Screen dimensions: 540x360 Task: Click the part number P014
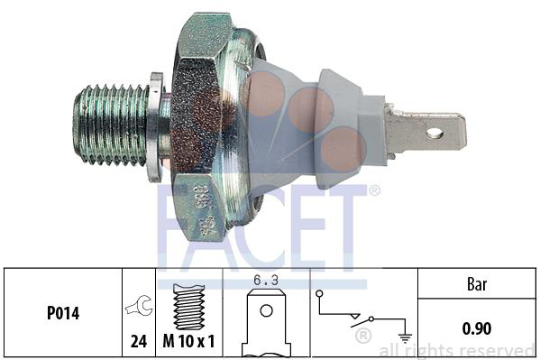tap(63, 313)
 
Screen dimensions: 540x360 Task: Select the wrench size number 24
tap(139, 341)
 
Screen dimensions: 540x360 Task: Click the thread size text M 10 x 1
tap(188, 341)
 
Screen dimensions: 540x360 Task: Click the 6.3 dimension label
tap(266, 280)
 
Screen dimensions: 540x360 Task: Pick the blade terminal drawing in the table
tap(266, 323)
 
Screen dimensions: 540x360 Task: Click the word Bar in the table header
tap(477, 284)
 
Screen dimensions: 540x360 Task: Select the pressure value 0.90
tap(477, 328)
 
